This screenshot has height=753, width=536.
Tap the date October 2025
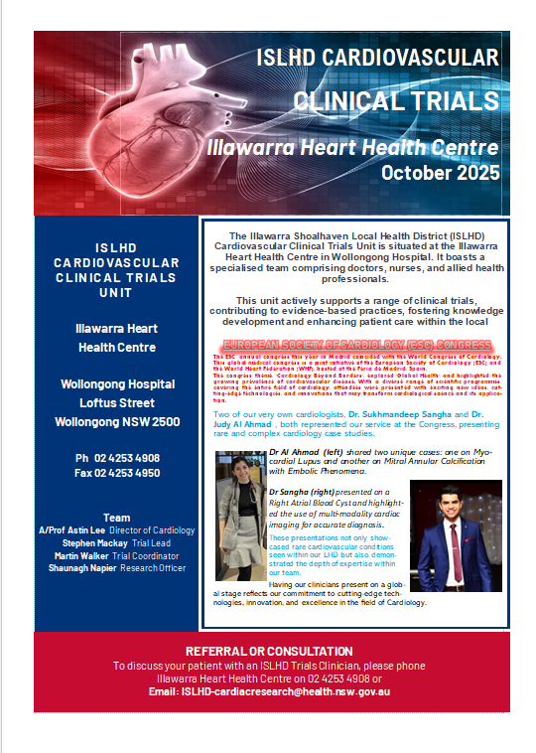click(x=440, y=172)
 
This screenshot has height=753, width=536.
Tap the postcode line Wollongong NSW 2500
click(x=117, y=422)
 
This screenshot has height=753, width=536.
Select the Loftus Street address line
click(x=117, y=403)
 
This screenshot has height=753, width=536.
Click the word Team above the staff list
click(x=117, y=518)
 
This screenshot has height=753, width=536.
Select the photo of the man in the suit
click(x=456, y=536)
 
